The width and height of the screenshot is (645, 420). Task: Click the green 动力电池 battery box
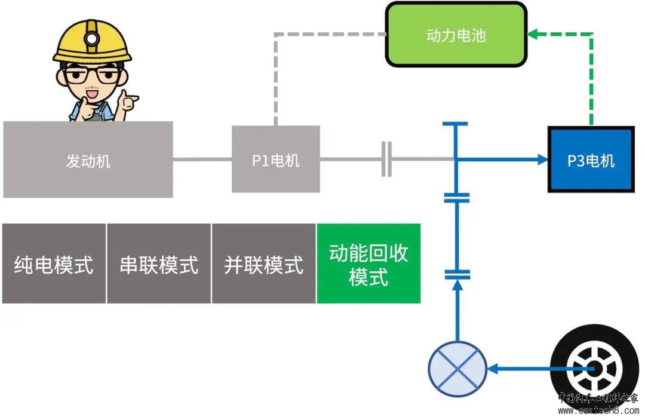point(456,35)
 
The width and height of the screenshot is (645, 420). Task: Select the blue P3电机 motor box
point(591,160)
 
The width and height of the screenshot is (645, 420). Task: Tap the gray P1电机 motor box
point(275,160)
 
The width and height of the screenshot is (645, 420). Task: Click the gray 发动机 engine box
point(88,160)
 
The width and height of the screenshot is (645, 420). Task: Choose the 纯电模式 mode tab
point(54,263)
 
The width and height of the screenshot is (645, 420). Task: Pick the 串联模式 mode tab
point(159,263)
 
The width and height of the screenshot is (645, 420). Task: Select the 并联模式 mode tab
point(263,263)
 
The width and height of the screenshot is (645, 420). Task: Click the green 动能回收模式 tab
point(368,263)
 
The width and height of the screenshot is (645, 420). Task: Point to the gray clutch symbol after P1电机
point(386,160)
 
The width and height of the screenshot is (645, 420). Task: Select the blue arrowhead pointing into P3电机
point(542,160)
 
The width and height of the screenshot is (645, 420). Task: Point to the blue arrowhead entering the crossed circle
point(493,369)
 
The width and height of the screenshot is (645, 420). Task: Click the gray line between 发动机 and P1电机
point(202,160)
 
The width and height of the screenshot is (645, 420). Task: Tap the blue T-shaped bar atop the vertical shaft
point(455,124)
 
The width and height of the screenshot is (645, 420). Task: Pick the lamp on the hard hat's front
point(91,38)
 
